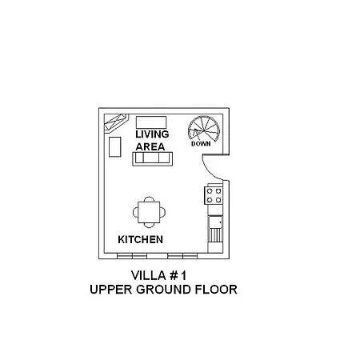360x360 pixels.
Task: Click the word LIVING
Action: (152, 134)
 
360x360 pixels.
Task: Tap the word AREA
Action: (150, 147)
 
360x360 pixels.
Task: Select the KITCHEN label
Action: (140, 239)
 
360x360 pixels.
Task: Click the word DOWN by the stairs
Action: (201, 144)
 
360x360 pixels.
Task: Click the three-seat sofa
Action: (153, 158)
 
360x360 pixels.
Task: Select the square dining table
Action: (149, 212)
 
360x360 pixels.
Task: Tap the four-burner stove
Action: (214, 195)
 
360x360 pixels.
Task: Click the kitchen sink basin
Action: (215, 222)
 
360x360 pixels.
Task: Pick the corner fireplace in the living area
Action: (116, 123)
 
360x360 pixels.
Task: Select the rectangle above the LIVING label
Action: (151, 122)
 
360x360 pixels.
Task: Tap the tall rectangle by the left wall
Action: (115, 146)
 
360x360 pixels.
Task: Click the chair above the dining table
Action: (149, 199)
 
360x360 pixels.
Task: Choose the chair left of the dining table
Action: (135, 212)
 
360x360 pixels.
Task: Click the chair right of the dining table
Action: (162, 212)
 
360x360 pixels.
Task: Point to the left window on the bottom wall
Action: (132, 256)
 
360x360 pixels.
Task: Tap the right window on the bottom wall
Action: (182, 256)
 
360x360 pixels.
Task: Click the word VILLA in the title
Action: (149, 275)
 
